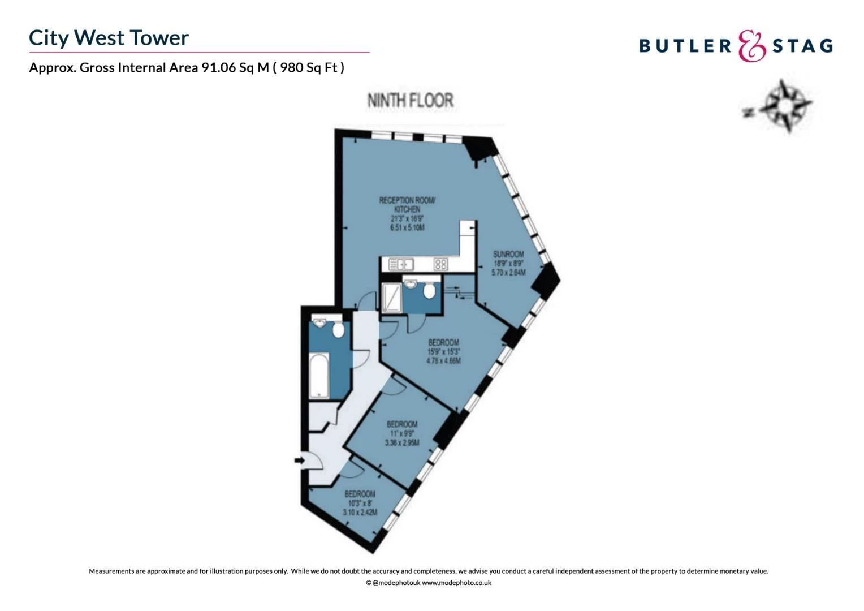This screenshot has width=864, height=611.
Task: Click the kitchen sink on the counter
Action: pyautogui.click(x=401, y=264)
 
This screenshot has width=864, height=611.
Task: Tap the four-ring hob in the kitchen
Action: pyautogui.click(x=440, y=264)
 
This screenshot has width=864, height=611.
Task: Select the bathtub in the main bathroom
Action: pyautogui.click(x=319, y=375)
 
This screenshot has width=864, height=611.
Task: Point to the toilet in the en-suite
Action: pyautogui.click(x=429, y=290)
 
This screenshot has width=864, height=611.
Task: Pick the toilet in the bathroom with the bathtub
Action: pyautogui.click(x=338, y=329)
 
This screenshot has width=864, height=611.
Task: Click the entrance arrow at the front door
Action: pyautogui.click(x=300, y=461)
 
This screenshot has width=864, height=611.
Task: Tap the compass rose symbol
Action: pyautogui.click(x=784, y=106)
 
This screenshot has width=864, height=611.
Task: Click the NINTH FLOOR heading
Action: pyautogui.click(x=411, y=101)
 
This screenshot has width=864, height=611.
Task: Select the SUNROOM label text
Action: pyautogui.click(x=508, y=254)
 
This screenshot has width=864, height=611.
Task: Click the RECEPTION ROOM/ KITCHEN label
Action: pyautogui.click(x=407, y=204)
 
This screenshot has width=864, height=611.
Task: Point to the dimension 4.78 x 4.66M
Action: pyautogui.click(x=443, y=361)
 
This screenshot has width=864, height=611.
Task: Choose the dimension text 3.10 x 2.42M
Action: pyautogui.click(x=360, y=513)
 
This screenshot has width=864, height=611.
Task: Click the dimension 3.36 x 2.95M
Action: pyautogui.click(x=402, y=442)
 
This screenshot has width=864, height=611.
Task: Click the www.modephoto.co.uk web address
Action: pyautogui.click(x=456, y=583)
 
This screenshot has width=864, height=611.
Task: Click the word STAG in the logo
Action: pyautogui.click(x=803, y=46)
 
